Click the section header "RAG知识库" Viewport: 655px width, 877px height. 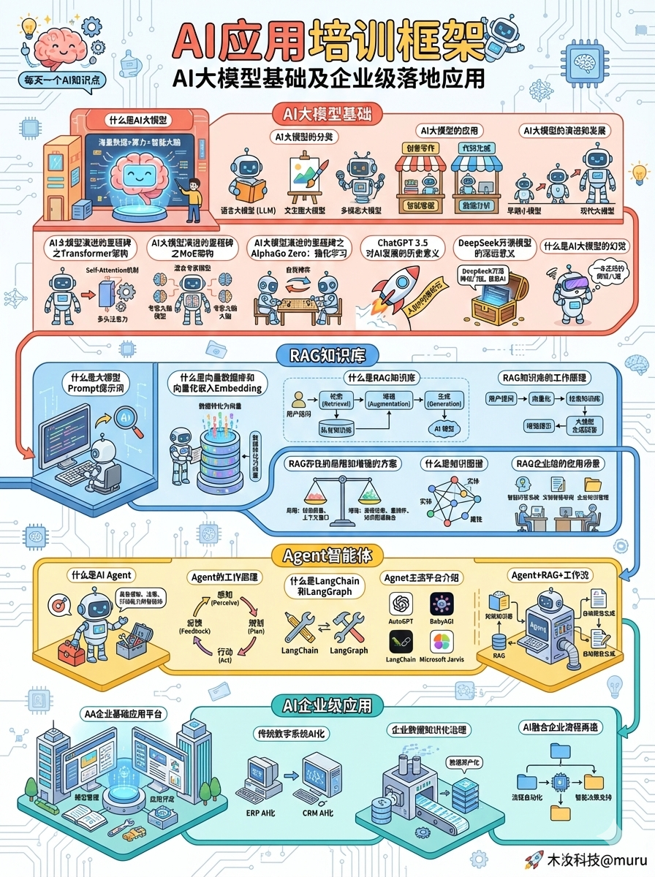click(327, 356)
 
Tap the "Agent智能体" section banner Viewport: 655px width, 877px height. click(327, 555)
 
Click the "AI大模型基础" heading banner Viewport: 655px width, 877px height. click(327, 114)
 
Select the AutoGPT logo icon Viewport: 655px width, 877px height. click(401, 604)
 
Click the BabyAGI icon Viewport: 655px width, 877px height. click(442, 604)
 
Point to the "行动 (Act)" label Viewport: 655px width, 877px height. click(225, 655)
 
